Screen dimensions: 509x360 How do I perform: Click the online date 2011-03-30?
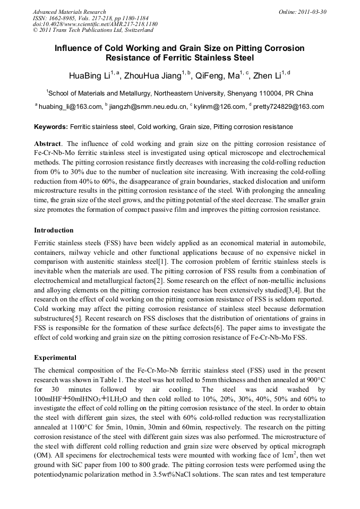click(x=311, y=12)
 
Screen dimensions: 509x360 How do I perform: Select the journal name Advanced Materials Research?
click(x=69, y=12)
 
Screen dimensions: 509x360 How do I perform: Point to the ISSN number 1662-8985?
click(x=61, y=18)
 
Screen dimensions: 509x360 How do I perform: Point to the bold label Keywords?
click(x=51, y=127)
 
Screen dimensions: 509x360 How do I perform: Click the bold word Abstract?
click(x=47, y=144)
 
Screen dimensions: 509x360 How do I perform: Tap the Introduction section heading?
click(x=54, y=230)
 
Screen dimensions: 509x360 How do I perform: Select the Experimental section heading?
click(x=55, y=357)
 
